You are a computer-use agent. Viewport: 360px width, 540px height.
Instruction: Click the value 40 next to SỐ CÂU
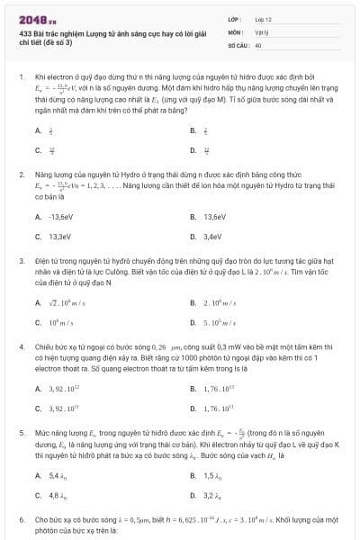[x=258, y=43]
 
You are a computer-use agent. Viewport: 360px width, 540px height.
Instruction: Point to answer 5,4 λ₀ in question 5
[x=58, y=474]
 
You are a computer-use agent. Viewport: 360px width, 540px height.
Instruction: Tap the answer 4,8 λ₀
[x=58, y=494]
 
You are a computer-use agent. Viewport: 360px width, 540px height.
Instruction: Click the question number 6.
[x=21, y=519]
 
